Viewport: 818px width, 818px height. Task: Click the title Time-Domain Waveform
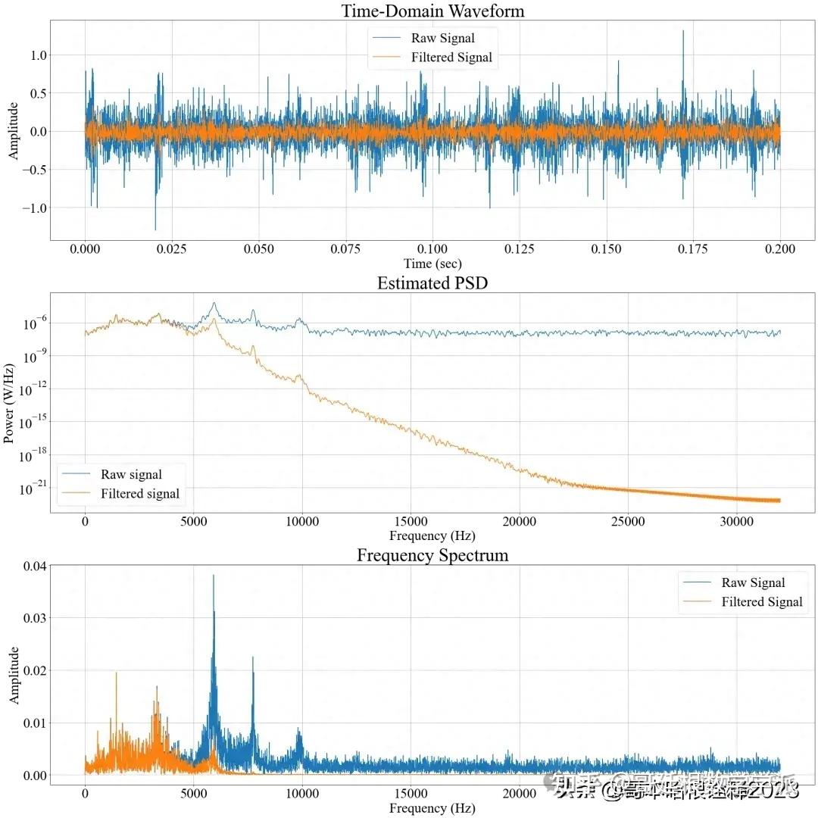pos(432,11)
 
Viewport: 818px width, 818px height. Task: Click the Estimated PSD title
pos(432,283)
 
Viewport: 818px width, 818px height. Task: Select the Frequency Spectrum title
pos(432,555)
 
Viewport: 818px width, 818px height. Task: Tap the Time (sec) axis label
pos(432,264)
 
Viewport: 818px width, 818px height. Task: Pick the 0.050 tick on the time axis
pos(259,249)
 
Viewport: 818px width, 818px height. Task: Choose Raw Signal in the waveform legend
pos(443,38)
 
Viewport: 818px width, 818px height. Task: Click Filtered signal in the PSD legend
pos(140,494)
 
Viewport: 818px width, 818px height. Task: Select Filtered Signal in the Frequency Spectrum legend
pos(761,602)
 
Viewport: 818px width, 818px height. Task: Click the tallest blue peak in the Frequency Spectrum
pos(213,576)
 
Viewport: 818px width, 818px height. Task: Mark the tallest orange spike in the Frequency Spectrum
pos(117,673)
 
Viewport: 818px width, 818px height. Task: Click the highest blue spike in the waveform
pos(683,31)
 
